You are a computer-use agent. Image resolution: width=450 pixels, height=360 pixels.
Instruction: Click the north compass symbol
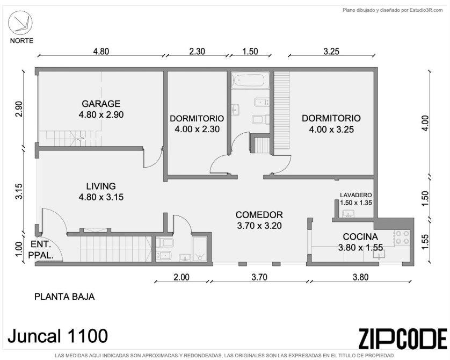point(20,23)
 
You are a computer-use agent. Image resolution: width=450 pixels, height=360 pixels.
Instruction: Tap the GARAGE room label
point(101,104)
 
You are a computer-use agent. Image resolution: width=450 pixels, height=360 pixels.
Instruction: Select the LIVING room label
point(101,186)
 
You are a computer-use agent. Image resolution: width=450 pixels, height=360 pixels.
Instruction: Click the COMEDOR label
point(259,215)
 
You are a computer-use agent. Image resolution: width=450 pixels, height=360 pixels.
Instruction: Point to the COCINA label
point(360,236)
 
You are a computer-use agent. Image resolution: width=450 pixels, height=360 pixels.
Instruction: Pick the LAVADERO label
point(356,195)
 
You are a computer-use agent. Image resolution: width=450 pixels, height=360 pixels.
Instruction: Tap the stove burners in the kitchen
point(402,237)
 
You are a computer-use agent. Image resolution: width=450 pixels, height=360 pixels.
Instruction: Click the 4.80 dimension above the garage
point(101,52)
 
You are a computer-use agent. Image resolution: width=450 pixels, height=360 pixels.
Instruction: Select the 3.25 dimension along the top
point(331,52)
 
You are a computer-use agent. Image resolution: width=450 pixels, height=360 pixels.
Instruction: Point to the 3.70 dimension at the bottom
point(259,277)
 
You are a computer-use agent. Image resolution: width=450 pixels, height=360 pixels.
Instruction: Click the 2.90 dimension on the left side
point(19,109)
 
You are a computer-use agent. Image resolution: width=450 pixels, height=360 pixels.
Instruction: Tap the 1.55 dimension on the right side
point(425,242)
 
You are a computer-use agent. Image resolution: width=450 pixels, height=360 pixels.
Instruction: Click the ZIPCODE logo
point(403,339)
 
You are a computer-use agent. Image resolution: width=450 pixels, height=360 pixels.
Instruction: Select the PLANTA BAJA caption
point(64,297)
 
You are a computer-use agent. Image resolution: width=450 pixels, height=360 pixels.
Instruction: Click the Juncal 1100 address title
point(57,336)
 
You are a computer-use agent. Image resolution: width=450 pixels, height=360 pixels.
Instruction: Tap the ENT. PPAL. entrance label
point(41,250)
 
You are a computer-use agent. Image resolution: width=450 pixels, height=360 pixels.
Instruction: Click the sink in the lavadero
point(348,213)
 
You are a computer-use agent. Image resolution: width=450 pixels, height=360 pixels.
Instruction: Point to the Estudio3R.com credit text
point(393,10)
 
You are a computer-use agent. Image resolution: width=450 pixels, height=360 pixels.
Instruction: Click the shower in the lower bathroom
point(200,249)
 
